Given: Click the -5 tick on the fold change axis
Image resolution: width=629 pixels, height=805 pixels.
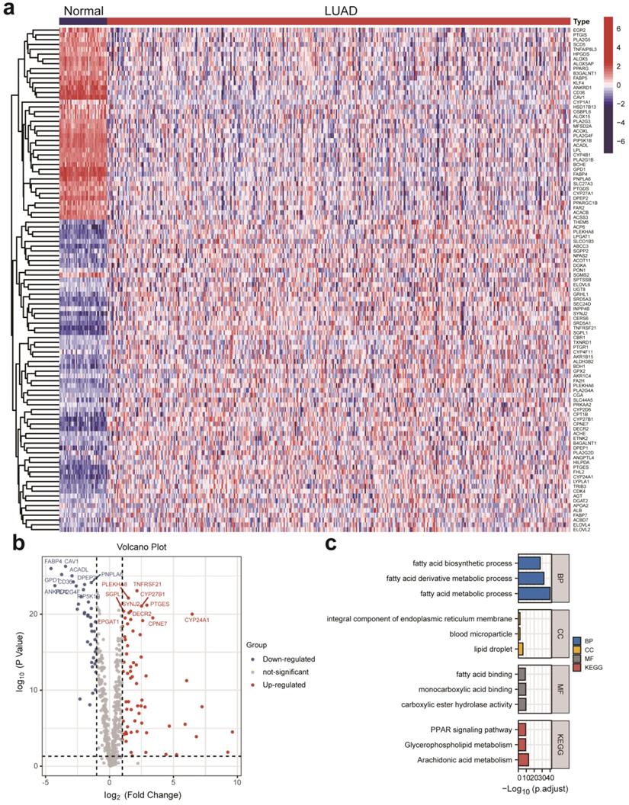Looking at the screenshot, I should (46, 781).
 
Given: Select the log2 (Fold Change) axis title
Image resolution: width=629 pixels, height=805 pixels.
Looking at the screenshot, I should (140, 795).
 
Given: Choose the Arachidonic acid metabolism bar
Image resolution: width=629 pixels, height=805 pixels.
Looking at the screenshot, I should (524, 760).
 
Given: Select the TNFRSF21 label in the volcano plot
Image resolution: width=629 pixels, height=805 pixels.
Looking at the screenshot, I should (148, 584).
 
